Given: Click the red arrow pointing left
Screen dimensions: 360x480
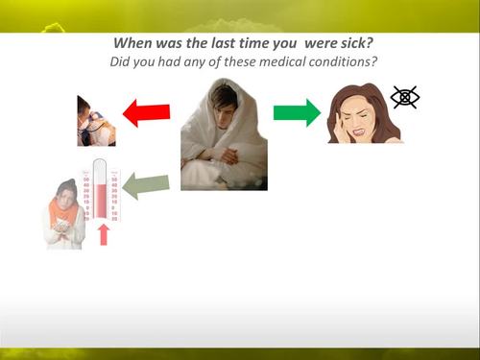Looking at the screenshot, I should pyautogui.click(x=146, y=113).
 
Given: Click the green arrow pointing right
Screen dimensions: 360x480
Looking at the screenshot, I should pyautogui.click(x=297, y=112).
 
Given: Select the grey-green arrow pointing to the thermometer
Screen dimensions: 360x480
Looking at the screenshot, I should pyautogui.click(x=146, y=184).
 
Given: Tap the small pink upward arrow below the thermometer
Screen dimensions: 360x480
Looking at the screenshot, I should pyautogui.click(x=104, y=234).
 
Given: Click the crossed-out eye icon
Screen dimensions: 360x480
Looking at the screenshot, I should pyautogui.click(x=405, y=97).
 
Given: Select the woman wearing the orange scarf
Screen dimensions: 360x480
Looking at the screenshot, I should pyautogui.click(x=63, y=213).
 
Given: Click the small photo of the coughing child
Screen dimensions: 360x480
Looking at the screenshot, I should pyautogui.click(x=96, y=121).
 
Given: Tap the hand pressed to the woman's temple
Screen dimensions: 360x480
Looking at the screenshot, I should pyautogui.click(x=341, y=127).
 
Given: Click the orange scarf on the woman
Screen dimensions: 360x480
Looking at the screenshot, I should pyautogui.click(x=62, y=210).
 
